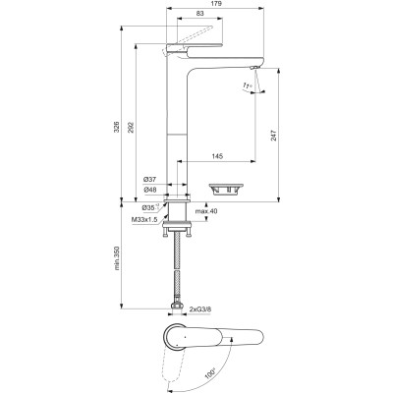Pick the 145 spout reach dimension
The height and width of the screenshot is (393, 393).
(216, 157)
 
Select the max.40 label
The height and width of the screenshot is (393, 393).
(205, 211)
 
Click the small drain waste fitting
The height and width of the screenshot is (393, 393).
(224, 185)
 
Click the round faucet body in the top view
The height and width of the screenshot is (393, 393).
(175, 335)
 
